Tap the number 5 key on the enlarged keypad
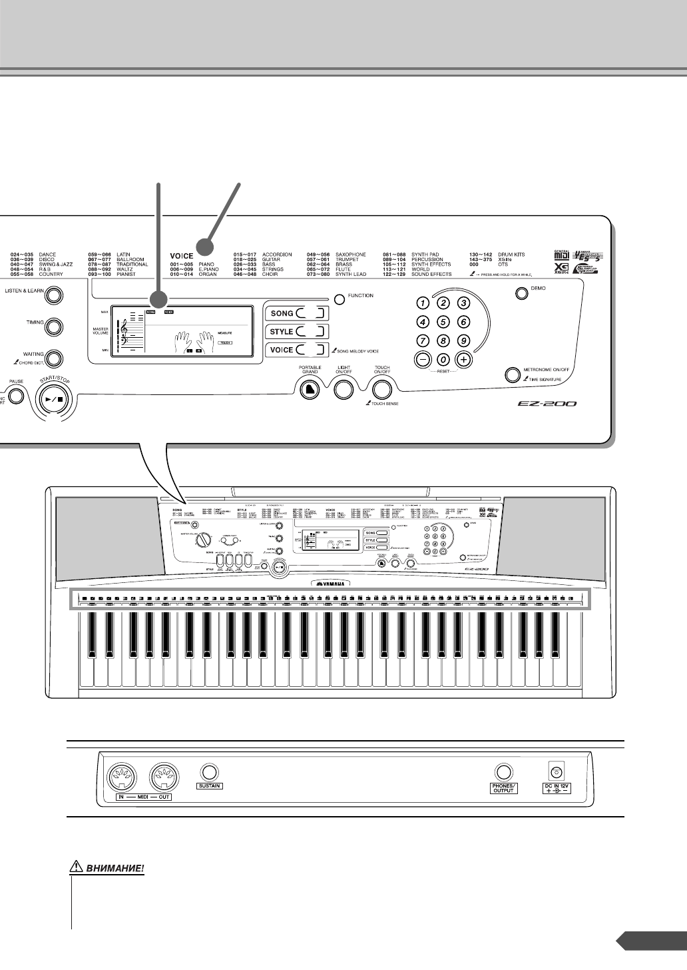click(443, 322)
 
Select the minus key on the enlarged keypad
click(422, 359)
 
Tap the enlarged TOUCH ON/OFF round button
click(381, 390)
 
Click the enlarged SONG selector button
click(295, 313)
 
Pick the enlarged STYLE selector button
click(295, 331)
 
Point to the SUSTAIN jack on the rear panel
click(210, 773)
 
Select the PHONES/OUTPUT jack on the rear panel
click(503, 771)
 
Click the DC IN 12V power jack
click(557, 771)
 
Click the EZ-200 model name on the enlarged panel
click(549, 404)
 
